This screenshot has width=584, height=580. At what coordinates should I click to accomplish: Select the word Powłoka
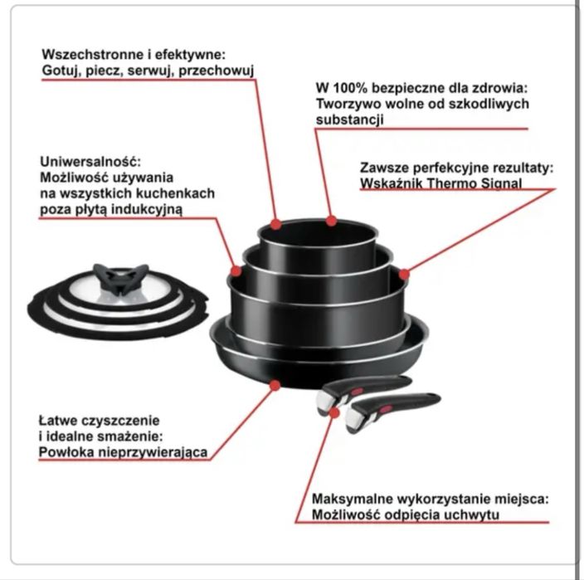click(x=64, y=452)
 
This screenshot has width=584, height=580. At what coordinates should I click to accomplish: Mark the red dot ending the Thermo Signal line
click(x=404, y=274)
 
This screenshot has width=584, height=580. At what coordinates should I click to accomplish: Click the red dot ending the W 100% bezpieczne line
click(x=332, y=221)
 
